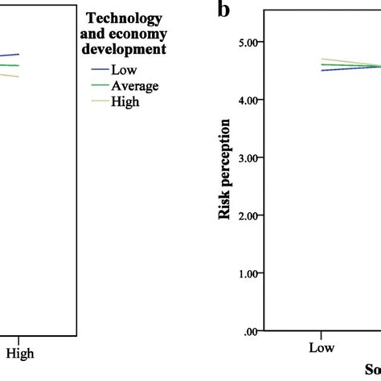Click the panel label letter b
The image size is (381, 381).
coord(223,11)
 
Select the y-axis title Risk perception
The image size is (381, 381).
coord(226,169)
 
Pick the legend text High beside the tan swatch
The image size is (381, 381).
coord(126,101)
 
